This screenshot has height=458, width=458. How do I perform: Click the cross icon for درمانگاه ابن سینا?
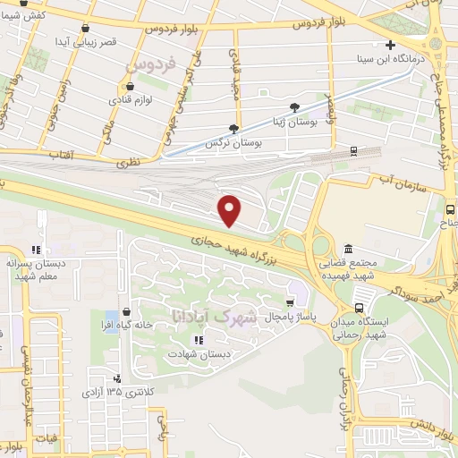coord(389,45)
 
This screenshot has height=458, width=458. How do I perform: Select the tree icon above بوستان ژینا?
coord(294,108)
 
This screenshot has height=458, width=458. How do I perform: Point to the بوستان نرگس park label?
coord(225,142)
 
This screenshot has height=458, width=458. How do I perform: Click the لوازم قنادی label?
coord(132,100)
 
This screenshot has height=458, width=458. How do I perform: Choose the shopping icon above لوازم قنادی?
coord(131,86)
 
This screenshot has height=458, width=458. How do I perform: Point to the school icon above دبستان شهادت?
coord(198,340)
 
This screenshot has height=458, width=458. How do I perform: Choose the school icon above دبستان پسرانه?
coord(37,250)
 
